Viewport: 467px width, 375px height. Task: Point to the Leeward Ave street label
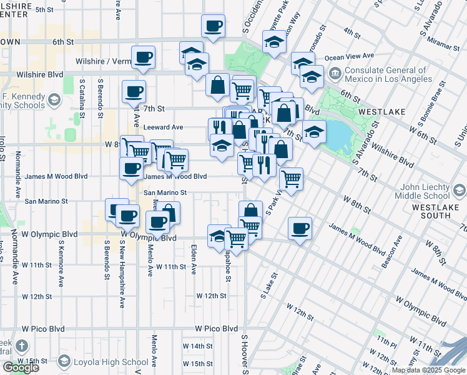(163, 127)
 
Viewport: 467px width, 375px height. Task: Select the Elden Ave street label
(194, 260)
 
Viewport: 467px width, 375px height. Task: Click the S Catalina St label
(82, 92)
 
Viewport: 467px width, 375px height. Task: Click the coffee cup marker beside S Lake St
(300, 228)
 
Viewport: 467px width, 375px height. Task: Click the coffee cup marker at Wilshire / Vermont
(143, 57)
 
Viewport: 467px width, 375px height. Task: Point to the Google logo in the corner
(21, 367)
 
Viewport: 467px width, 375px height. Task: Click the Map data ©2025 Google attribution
(428, 370)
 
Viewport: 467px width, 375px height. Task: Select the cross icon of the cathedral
(22, 346)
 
